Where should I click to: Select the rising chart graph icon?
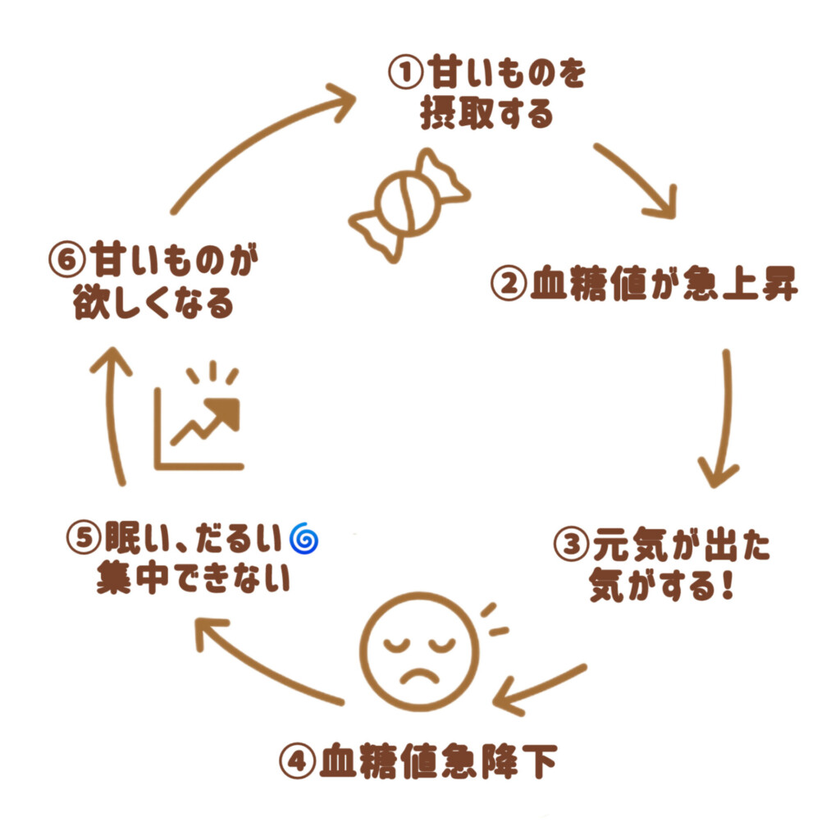(x=200, y=423)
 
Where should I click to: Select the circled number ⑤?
(x=84, y=540)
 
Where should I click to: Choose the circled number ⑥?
(x=67, y=262)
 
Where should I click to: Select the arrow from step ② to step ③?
(x=722, y=418)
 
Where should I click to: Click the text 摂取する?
(x=486, y=114)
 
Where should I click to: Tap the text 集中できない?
(x=194, y=579)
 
